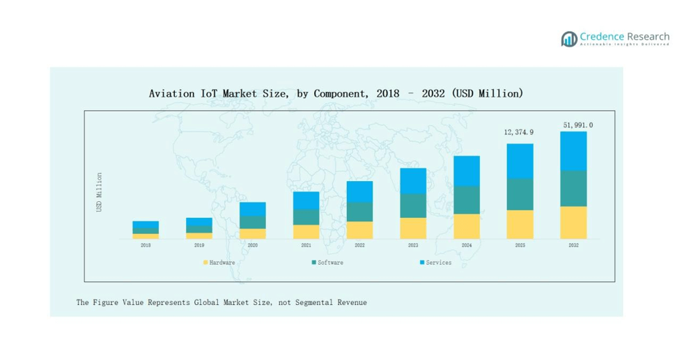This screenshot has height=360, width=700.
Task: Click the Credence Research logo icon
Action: [x=569, y=38]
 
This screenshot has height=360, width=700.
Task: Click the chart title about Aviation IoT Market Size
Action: [x=336, y=93]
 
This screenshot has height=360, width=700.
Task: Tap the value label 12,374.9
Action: [x=520, y=132]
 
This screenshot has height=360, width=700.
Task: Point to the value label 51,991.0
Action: [x=577, y=125]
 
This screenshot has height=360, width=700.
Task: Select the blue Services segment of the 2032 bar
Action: [x=573, y=151]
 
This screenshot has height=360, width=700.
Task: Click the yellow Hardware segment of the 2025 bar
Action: [x=520, y=224]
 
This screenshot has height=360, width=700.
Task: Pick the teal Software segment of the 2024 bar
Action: [x=467, y=200]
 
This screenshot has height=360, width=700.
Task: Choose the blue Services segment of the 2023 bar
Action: [x=413, y=180]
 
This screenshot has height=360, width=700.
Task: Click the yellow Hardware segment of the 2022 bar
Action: [x=359, y=230]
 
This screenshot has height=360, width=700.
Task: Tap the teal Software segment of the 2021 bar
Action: [x=306, y=217]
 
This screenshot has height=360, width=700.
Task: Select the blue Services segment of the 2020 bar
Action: [x=253, y=209]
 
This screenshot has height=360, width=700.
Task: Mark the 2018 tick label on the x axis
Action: [x=146, y=245]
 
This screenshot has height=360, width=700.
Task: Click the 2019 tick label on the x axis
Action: [x=199, y=245]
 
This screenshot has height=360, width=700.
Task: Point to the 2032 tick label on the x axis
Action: [x=573, y=245]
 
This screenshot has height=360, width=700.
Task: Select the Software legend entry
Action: [x=327, y=263]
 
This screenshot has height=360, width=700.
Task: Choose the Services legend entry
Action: [x=435, y=263]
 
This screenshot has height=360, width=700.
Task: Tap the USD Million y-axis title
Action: [x=100, y=192]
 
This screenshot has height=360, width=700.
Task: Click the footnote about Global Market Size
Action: [x=221, y=302]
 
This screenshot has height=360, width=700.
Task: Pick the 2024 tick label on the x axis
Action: [x=467, y=245]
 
